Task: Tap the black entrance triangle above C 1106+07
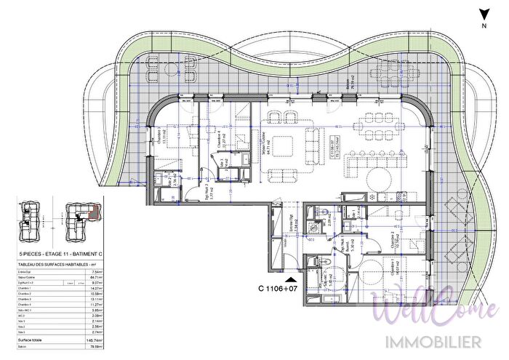click(291, 279)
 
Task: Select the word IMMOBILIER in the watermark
click(427, 340)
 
